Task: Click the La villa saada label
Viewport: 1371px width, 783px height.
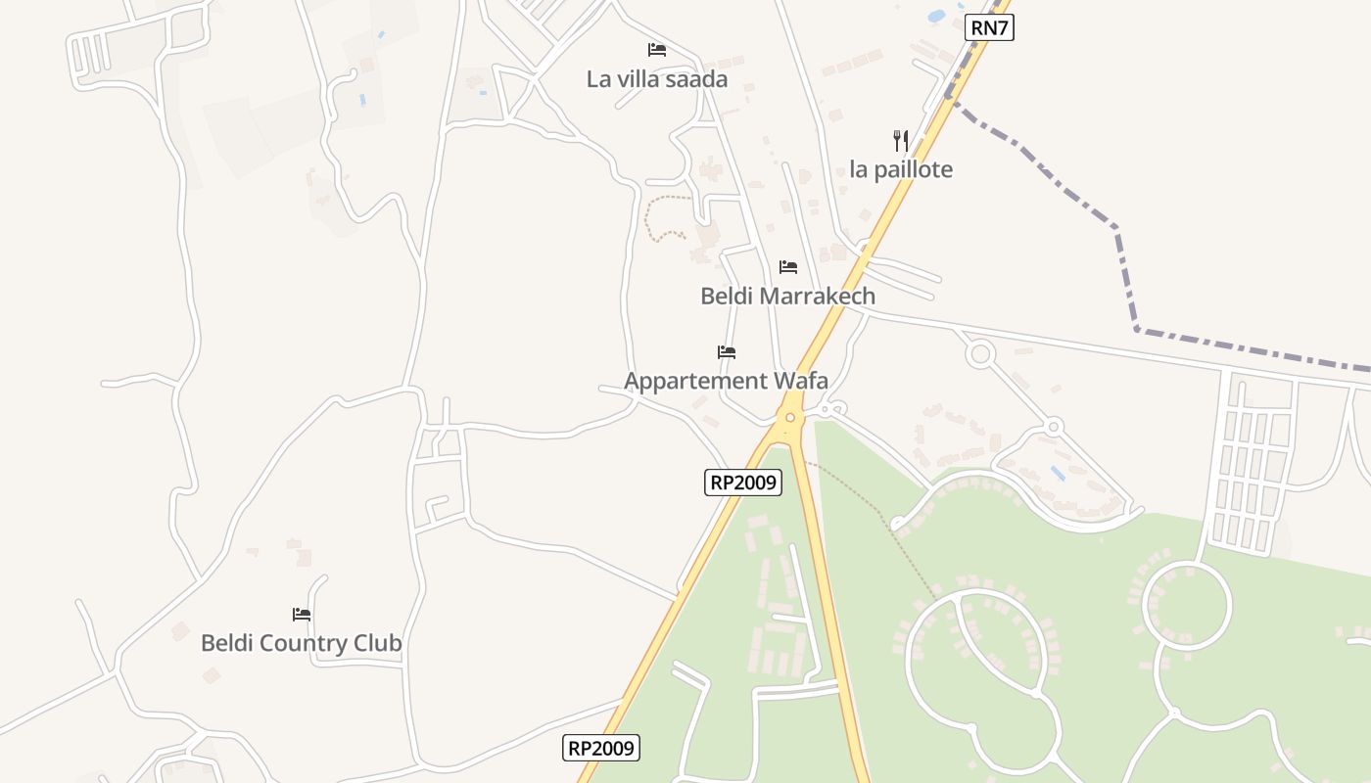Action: [657, 79]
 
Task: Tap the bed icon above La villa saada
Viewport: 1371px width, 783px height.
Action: [656, 49]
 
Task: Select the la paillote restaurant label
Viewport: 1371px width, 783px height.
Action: [901, 169]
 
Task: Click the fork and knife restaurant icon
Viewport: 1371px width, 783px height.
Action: [901, 141]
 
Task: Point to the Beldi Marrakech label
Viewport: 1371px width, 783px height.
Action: [787, 296]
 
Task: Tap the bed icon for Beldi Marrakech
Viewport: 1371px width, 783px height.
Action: [788, 267]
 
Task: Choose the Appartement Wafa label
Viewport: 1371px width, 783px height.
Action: [726, 381]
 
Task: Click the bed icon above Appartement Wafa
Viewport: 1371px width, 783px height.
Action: [727, 352]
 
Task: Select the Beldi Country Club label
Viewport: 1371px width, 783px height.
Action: [301, 643]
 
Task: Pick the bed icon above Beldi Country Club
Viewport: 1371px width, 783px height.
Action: [302, 615]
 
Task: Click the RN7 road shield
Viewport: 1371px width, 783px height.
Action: [988, 27]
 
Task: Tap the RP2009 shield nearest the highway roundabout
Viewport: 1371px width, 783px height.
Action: [743, 482]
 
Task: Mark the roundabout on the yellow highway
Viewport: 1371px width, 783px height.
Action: [790, 418]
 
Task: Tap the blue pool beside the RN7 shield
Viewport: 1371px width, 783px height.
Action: [937, 17]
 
